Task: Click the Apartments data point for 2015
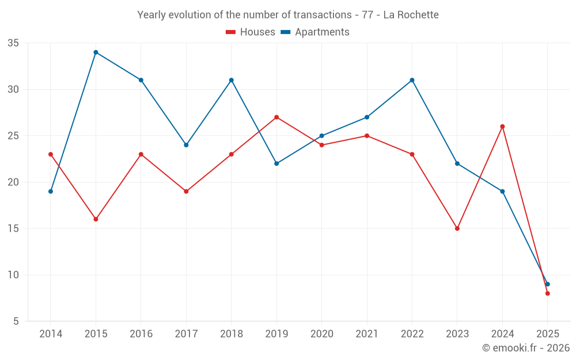pyautogui.click(x=96, y=52)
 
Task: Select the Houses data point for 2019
pyautogui.click(x=276, y=118)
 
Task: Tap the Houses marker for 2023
pyautogui.click(x=457, y=229)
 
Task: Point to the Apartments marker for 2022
pyautogui.click(x=412, y=80)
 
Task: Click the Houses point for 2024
pyautogui.click(x=502, y=127)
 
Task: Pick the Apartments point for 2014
pyautogui.click(x=51, y=191)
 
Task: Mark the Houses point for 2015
pyautogui.click(x=96, y=219)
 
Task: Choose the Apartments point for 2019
pyautogui.click(x=276, y=164)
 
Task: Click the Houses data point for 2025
pyautogui.click(x=547, y=294)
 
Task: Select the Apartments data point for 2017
pyautogui.click(x=186, y=145)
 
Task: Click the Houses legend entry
pyautogui.click(x=251, y=32)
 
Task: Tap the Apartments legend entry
pyautogui.click(x=315, y=32)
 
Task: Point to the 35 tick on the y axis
pyautogui.click(x=13, y=43)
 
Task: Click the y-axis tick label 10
pyautogui.click(x=13, y=275)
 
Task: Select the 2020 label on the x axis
pyautogui.click(x=321, y=334)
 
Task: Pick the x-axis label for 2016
pyautogui.click(x=141, y=334)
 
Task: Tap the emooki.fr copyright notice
pyautogui.click(x=526, y=348)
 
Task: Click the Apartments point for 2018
pyautogui.click(x=231, y=80)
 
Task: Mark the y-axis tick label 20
pyautogui.click(x=13, y=182)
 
